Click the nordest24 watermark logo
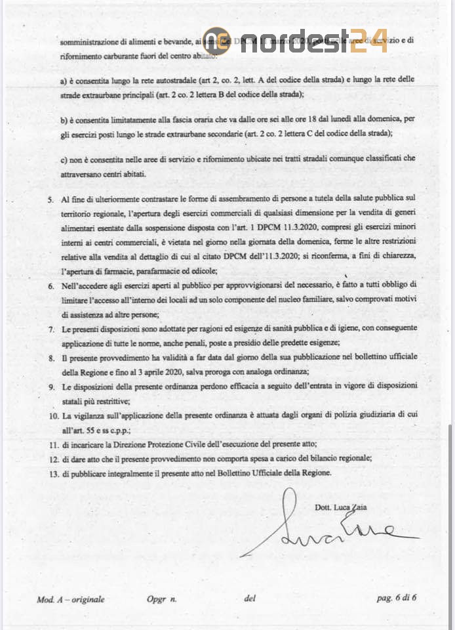pos(295,40)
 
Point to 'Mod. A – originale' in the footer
pos(71,598)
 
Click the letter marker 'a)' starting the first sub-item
pos(64,79)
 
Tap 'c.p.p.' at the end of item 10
pos(119,430)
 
